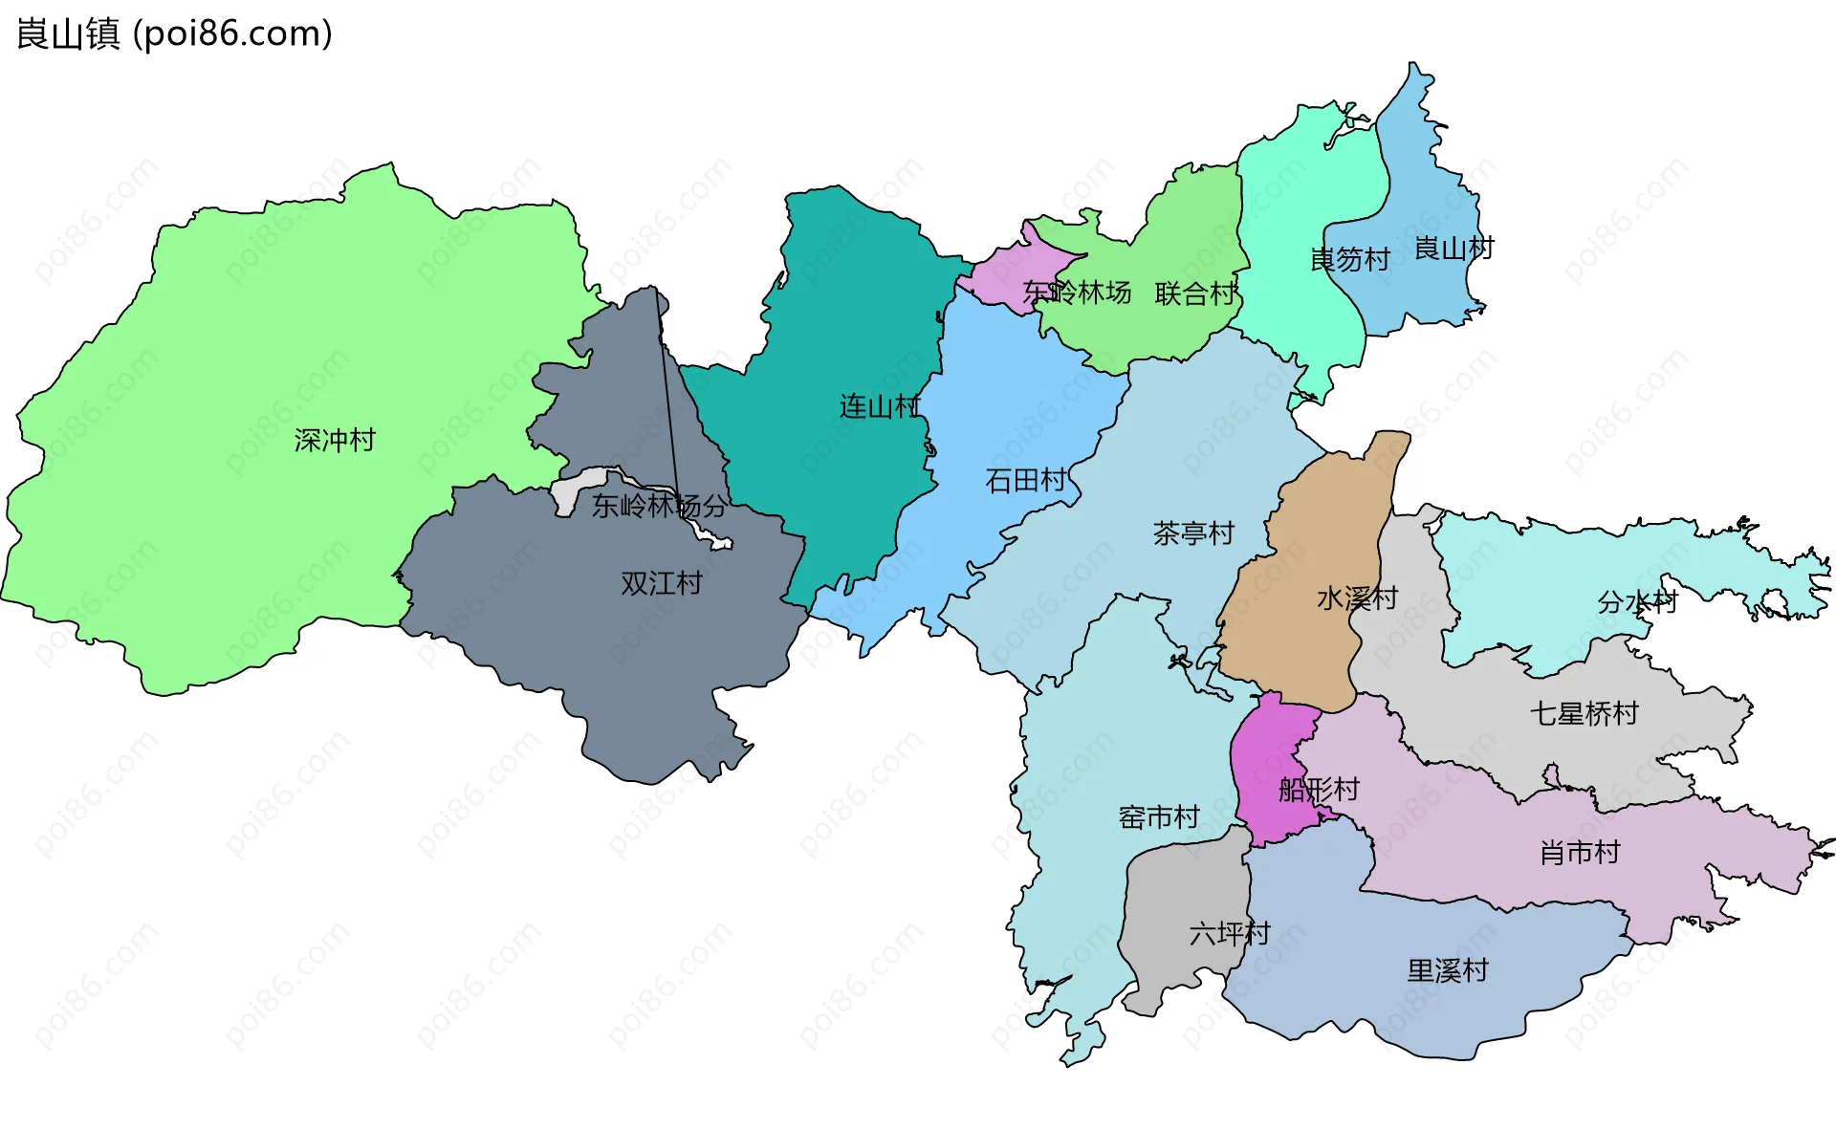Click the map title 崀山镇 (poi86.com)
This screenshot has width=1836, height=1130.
(175, 33)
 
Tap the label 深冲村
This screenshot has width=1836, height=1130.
(335, 441)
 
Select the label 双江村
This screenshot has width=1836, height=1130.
(662, 583)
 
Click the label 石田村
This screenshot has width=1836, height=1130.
(1026, 480)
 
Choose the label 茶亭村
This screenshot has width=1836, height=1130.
(1193, 533)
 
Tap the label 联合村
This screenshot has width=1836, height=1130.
(1195, 293)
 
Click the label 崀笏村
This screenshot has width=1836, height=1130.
(1349, 259)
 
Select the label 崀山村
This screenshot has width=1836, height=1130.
(1453, 249)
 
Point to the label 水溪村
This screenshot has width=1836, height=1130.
(1357, 598)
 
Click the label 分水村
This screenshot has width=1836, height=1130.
(1637, 602)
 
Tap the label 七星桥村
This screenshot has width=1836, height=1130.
(1584, 713)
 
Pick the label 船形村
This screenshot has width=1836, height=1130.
(1319, 790)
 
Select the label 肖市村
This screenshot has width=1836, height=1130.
(1580, 853)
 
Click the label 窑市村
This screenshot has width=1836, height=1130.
(1159, 817)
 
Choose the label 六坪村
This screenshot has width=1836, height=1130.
(1230, 933)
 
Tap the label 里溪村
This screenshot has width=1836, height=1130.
(1448, 971)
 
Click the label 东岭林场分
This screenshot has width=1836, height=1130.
(659, 506)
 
